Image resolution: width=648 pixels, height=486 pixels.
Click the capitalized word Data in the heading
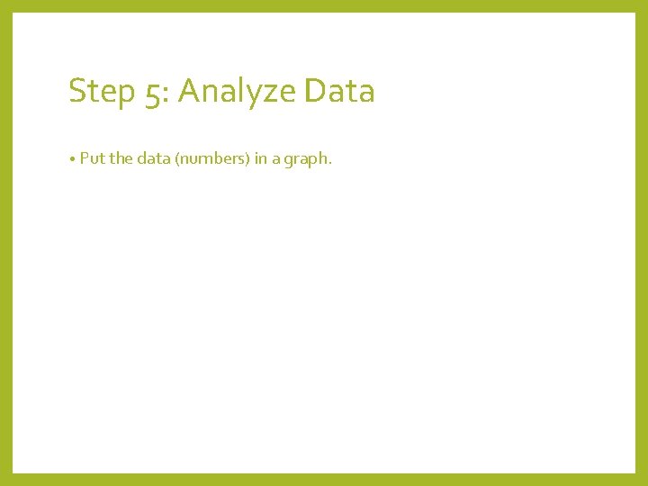(339, 91)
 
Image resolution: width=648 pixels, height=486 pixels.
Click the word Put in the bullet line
(92, 159)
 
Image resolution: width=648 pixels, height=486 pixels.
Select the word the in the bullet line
(121, 159)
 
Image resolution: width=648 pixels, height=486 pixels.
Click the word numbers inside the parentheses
(212, 159)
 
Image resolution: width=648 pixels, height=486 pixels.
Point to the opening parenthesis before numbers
(178, 159)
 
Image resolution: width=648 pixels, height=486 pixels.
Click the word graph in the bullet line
(306, 160)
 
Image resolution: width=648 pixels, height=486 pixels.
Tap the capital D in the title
(315, 91)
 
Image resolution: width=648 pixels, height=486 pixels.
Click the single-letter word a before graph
(275, 160)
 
